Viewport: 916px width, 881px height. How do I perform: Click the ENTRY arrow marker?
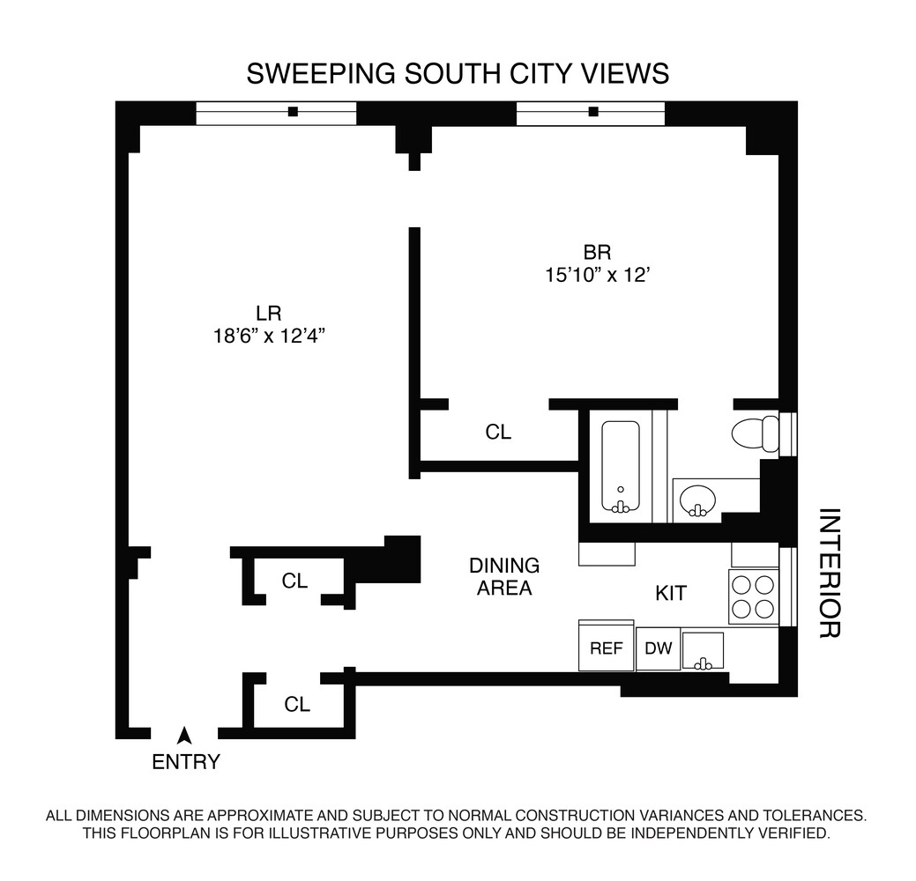pyautogui.click(x=184, y=733)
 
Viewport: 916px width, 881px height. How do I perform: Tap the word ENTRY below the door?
pyautogui.click(x=186, y=762)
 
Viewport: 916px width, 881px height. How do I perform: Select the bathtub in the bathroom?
pyautogui.click(x=621, y=467)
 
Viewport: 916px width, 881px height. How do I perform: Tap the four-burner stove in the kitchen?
pyautogui.click(x=752, y=596)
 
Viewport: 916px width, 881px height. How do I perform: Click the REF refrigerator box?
pyautogui.click(x=606, y=648)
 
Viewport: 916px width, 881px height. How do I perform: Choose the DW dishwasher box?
pyautogui.click(x=658, y=649)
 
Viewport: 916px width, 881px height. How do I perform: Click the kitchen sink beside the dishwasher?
pyautogui.click(x=703, y=651)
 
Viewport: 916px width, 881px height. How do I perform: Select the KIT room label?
pyautogui.click(x=671, y=594)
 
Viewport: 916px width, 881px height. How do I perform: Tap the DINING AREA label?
pyautogui.click(x=504, y=576)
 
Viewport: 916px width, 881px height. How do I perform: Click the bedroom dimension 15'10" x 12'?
pyautogui.click(x=597, y=275)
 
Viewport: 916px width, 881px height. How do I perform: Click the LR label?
pyautogui.click(x=268, y=312)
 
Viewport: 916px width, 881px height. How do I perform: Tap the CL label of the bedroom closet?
pyautogui.click(x=498, y=433)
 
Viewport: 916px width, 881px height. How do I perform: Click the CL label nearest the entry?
pyautogui.click(x=297, y=705)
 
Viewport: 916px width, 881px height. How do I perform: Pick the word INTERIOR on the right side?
pyautogui.click(x=829, y=573)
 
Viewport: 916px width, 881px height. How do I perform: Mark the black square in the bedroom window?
pyautogui.click(x=593, y=112)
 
